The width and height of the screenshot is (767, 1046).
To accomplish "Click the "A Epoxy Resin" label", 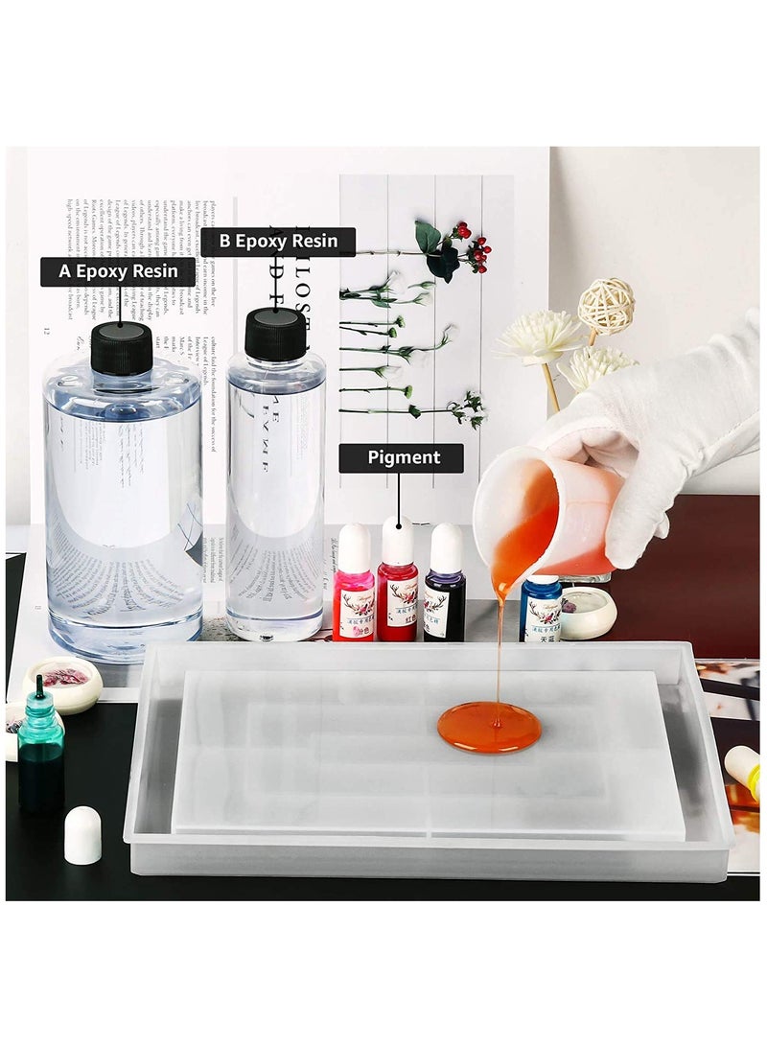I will [118, 271].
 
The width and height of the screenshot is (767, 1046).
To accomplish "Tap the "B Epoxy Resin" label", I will [278, 242].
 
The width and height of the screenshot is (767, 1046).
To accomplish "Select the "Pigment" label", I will [403, 458].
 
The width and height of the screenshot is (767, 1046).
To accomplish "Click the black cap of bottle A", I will [121, 348].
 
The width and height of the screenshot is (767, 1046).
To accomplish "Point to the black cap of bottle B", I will [275, 334].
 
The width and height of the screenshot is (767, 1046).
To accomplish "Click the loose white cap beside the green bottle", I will [82, 834].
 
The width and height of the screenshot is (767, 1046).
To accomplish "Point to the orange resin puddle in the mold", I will [489, 727].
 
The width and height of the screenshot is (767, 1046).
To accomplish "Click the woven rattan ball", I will [606, 305].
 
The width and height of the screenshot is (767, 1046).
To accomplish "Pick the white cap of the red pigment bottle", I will [397, 540].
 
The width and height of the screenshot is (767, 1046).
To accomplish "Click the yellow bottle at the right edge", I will [743, 767].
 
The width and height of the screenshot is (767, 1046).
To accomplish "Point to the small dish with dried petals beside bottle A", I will [62, 683].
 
